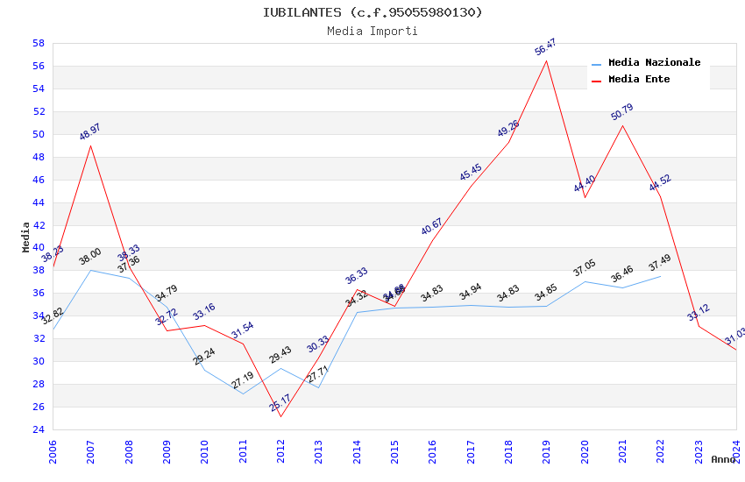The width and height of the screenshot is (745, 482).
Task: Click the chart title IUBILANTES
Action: (x=372, y=12)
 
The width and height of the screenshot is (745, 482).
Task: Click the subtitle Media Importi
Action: (x=372, y=32)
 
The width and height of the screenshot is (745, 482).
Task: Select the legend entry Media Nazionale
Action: (x=654, y=63)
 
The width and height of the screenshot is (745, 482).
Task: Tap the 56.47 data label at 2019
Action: (x=546, y=47)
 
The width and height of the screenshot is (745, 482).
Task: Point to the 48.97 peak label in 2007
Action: (x=90, y=132)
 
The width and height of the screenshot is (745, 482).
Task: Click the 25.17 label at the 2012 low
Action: (x=280, y=403)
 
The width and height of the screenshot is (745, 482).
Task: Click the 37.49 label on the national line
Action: (x=660, y=264)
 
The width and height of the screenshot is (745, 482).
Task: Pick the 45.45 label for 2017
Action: (x=471, y=173)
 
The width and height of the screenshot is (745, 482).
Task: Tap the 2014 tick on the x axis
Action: (x=357, y=451)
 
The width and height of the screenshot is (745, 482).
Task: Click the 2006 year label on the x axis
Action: (x=53, y=451)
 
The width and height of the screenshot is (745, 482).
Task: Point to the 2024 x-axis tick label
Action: (x=736, y=451)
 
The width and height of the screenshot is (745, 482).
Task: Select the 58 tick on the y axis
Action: (x=39, y=43)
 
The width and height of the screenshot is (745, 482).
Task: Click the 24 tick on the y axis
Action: (x=39, y=429)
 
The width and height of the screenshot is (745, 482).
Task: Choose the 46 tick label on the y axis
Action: (x=39, y=180)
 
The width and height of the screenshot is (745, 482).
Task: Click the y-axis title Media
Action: (x=26, y=237)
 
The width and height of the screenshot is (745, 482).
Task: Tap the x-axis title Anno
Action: (x=723, y=459)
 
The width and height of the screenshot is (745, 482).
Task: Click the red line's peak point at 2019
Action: (x=547, y=60)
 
